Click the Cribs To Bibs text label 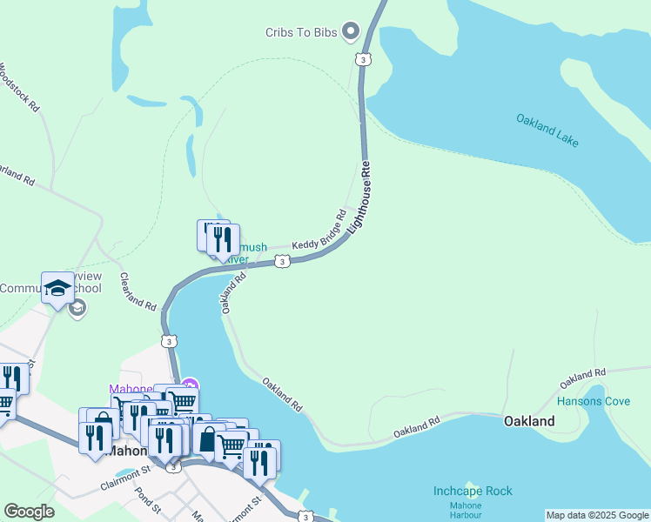300,32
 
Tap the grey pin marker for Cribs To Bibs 351,32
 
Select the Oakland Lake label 547,130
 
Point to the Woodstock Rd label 20,87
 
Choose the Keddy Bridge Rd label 319,232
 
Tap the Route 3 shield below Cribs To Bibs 360,58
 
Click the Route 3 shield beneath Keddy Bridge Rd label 282,261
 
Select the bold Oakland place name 529,421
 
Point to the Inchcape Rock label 473,491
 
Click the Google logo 29,512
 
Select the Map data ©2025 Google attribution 597,515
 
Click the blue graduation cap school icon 57,288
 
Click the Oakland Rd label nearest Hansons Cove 582,377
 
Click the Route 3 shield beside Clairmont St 174,467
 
